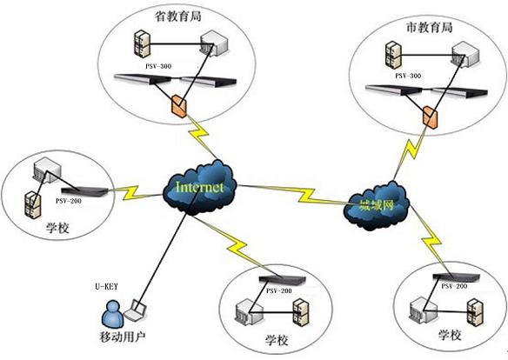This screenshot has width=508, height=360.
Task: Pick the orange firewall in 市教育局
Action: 428,115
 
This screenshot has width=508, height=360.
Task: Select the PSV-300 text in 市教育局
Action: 408,76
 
